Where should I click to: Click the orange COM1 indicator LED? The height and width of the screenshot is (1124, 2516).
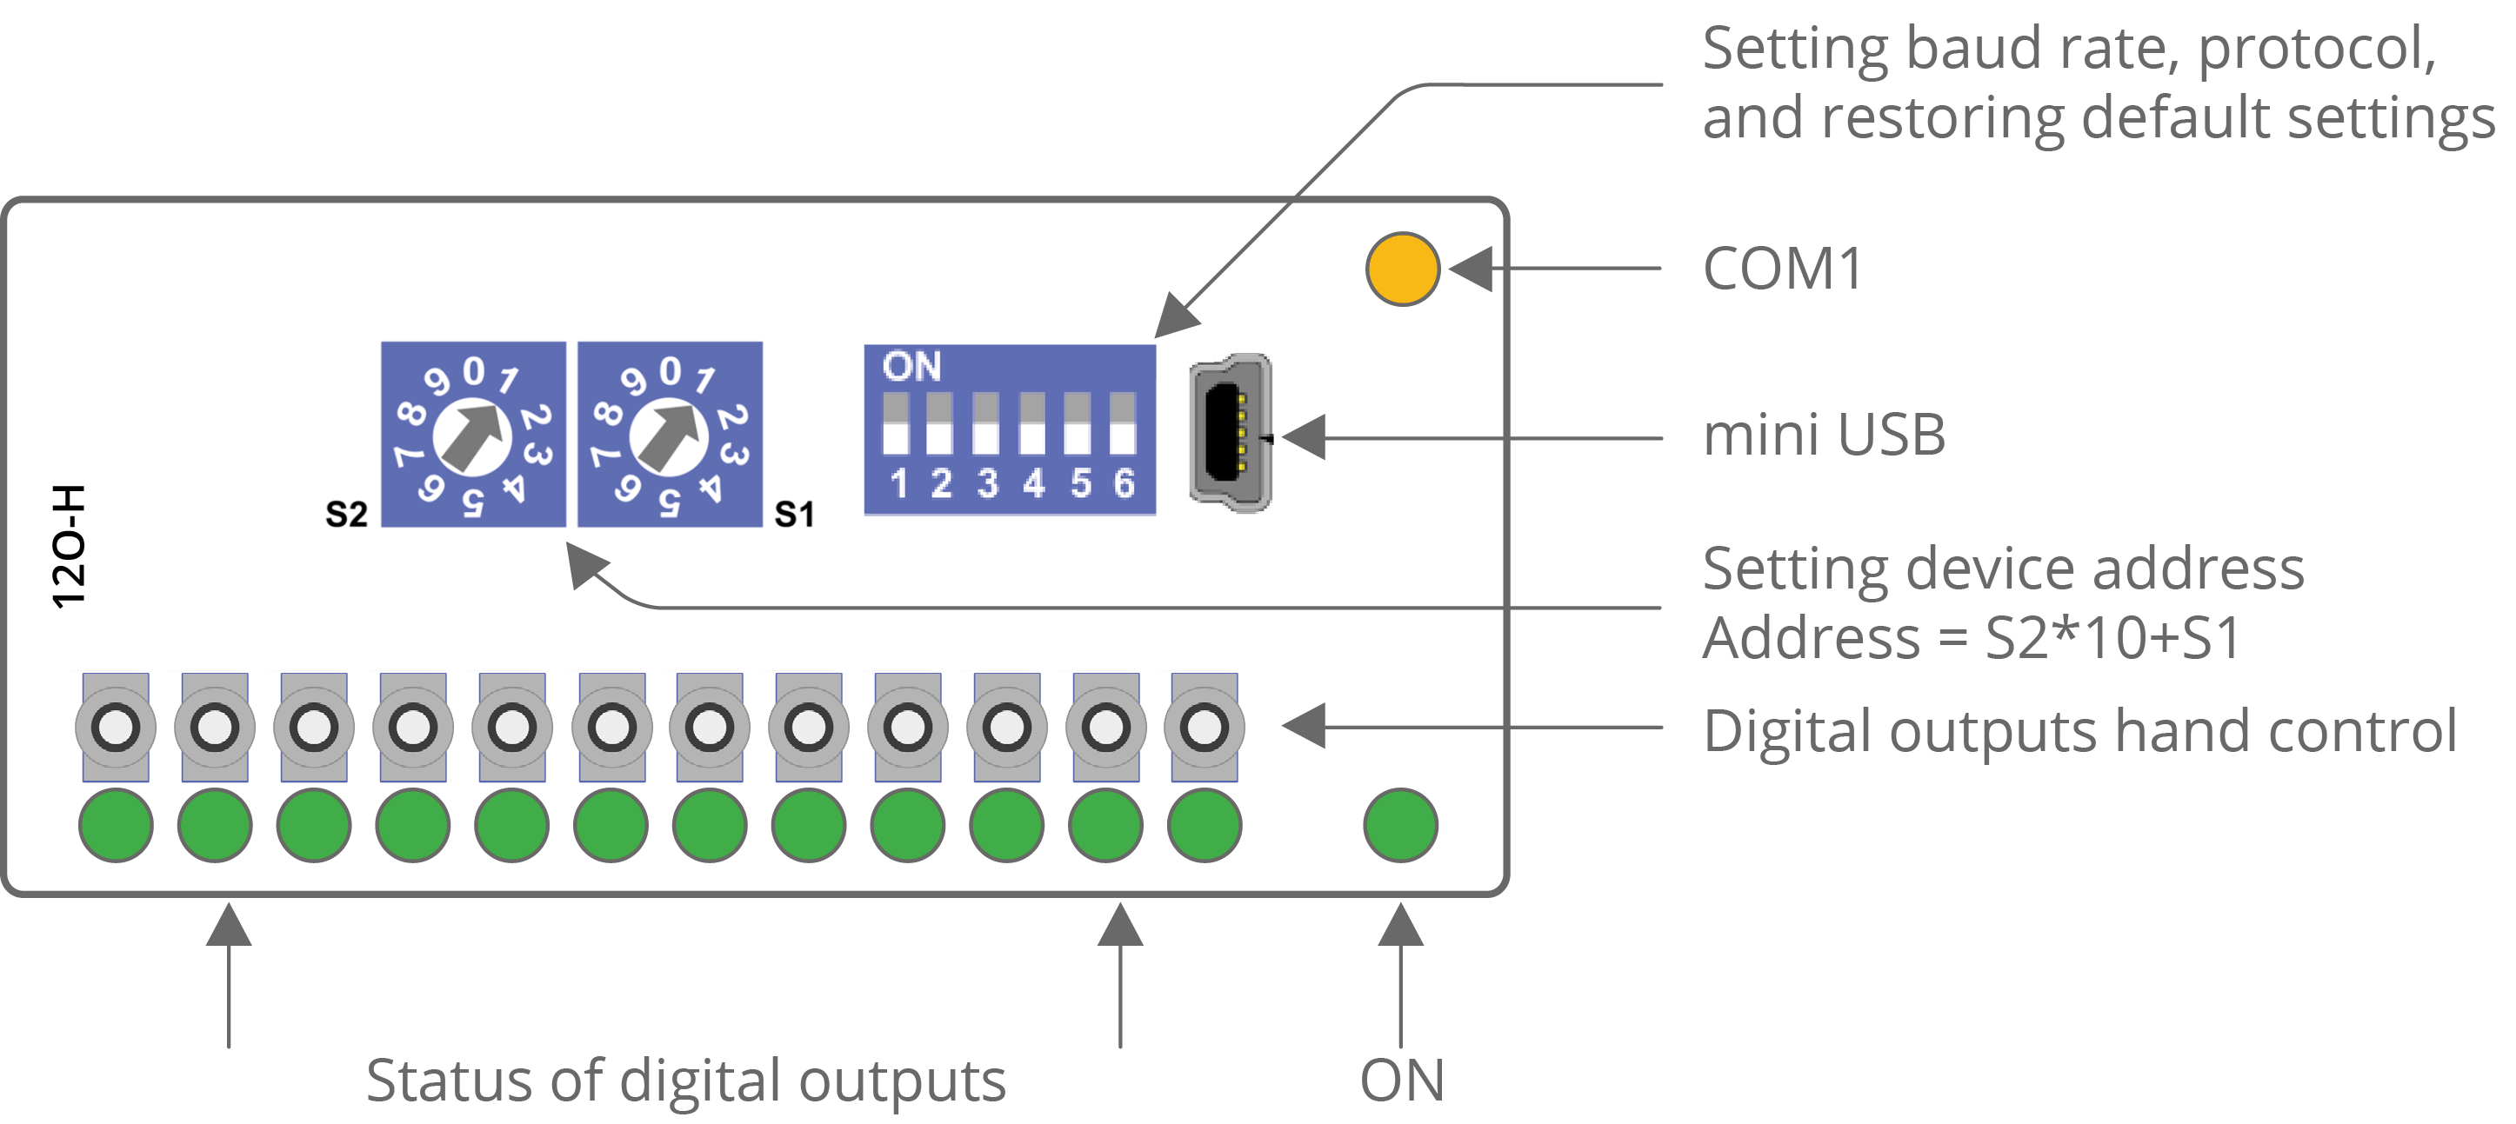(1403, 269)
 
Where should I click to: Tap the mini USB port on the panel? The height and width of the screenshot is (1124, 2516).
(1230, 433)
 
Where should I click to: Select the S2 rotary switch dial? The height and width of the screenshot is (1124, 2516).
(473, 435)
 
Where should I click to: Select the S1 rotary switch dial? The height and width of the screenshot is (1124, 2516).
(669, 435)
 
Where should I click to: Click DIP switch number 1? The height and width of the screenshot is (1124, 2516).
(896, 424)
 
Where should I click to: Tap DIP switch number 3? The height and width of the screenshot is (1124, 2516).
(985, 424)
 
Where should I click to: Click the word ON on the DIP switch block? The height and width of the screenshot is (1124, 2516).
(911, 367)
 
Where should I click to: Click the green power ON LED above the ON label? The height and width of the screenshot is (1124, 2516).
(1400, 825)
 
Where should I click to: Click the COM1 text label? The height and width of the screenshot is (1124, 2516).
(1784, 269)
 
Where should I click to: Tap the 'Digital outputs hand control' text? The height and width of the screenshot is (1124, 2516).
(2079, 730)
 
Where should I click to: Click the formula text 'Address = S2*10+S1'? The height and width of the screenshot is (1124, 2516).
(1971, 638)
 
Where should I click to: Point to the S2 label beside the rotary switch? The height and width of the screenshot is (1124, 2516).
(347, 514)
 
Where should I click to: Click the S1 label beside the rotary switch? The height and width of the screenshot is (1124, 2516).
(794, 514)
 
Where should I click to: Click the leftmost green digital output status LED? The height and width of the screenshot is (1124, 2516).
(117, 825)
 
